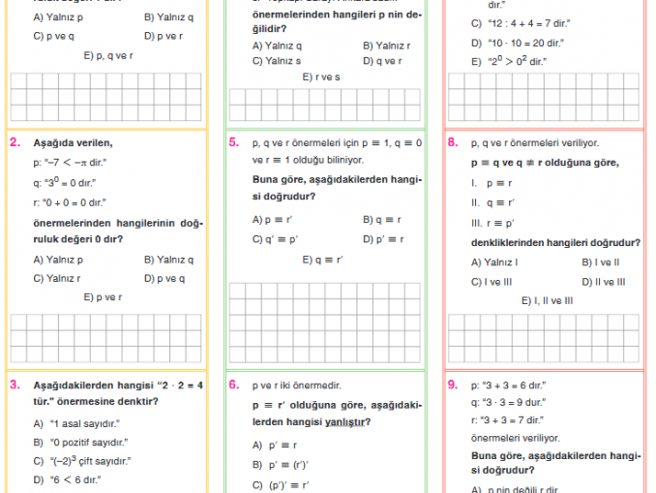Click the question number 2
point(15,142)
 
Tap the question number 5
point(234,142)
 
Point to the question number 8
point(453,142)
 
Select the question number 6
point(234,385)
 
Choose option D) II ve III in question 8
point(603,282)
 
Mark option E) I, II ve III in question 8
point(547,301)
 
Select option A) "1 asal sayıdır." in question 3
point(76,423)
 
